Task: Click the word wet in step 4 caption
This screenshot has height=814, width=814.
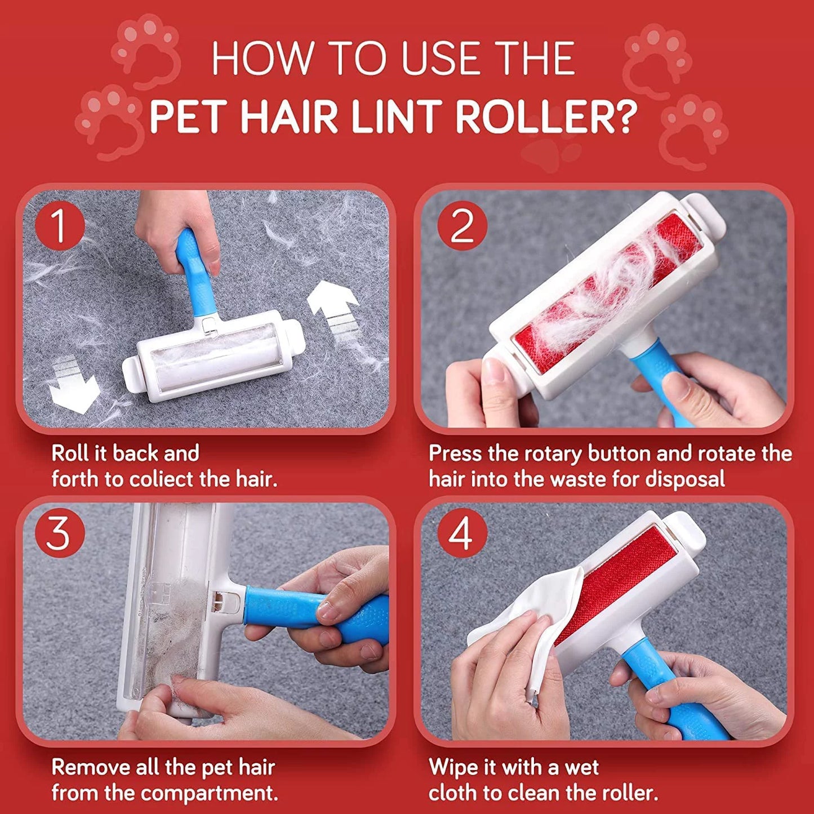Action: (x=582, y=755)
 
